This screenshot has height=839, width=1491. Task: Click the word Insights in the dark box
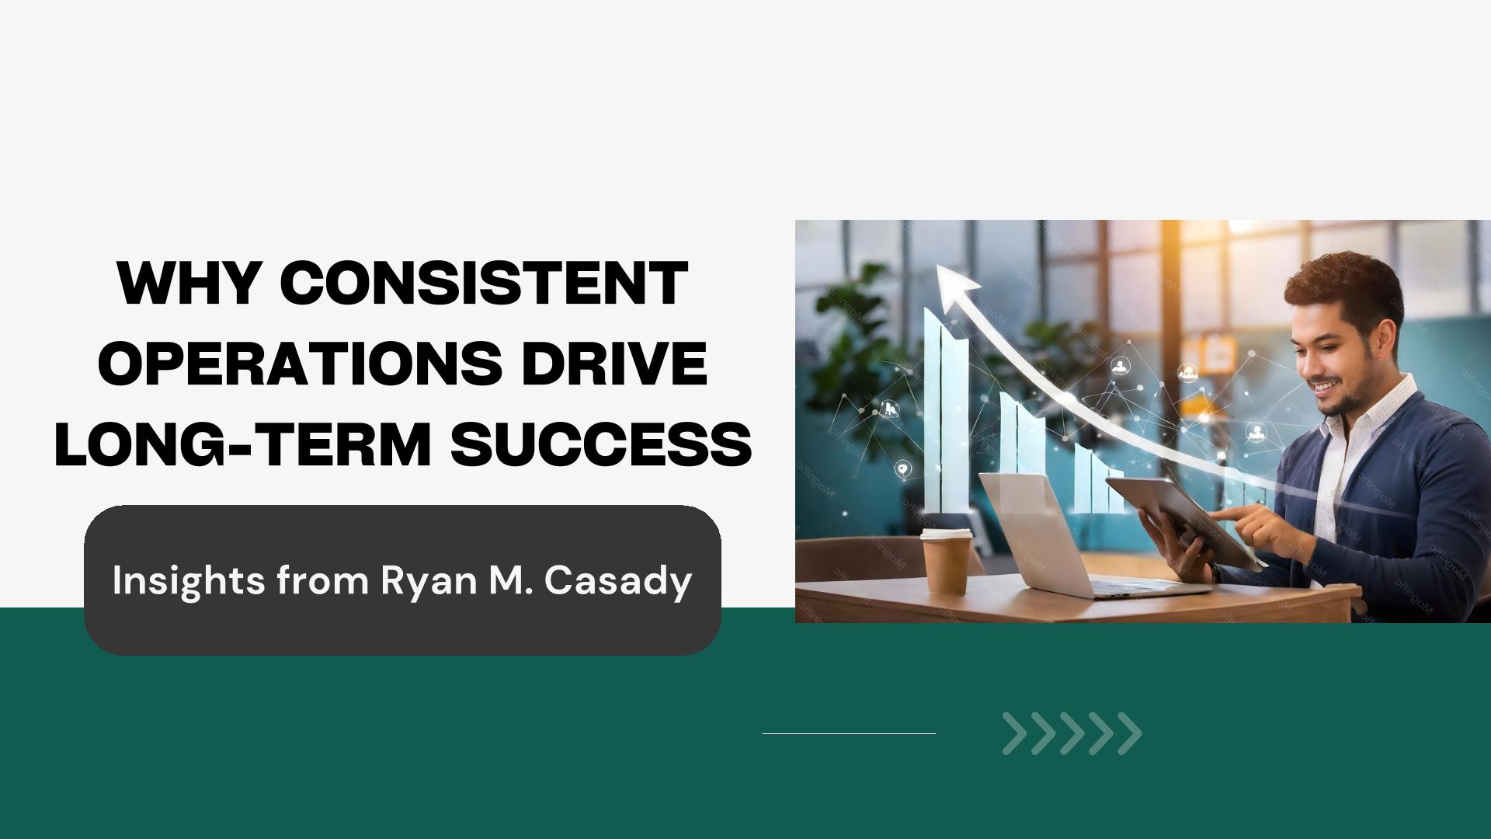(189, 582)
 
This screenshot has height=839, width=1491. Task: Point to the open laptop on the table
(1079, 536)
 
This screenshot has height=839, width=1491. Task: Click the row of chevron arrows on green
(1072, 733)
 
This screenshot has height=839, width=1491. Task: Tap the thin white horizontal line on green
(849, 733)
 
